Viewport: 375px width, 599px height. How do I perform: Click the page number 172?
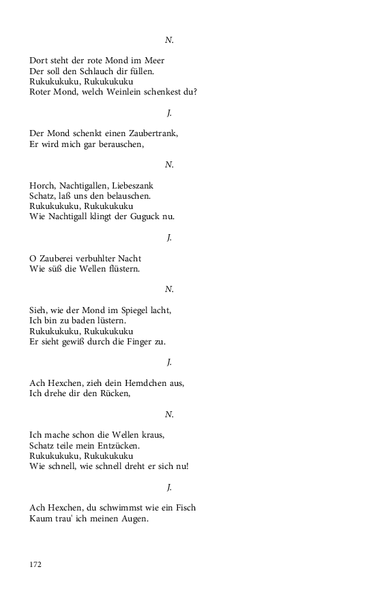[x=35, y=564]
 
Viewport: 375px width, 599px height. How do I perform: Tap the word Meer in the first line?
[x=153, y=61]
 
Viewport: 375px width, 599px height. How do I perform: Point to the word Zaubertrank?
[x=153, y=133]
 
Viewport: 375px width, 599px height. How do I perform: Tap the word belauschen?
[x=127, y=196]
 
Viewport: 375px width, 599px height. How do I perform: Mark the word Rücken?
[x=114, y=393]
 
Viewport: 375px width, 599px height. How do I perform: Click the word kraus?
[x=152, y=435]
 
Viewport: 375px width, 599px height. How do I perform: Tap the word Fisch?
[x=185, y=508]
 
